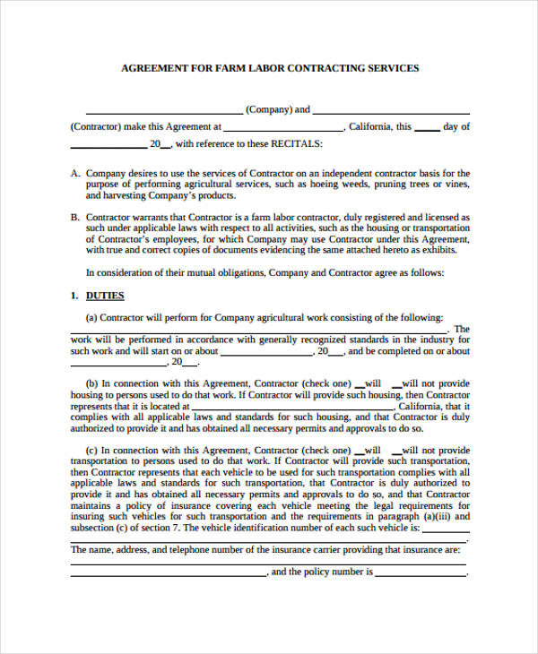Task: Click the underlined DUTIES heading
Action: click(x=104, y=296)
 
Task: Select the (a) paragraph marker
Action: click(x=91, y=317)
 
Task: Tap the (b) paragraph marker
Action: click(x=91, y=383)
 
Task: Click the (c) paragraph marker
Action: click(x=91, y=451)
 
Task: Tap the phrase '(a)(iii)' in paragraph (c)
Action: click(x=432, y=516)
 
